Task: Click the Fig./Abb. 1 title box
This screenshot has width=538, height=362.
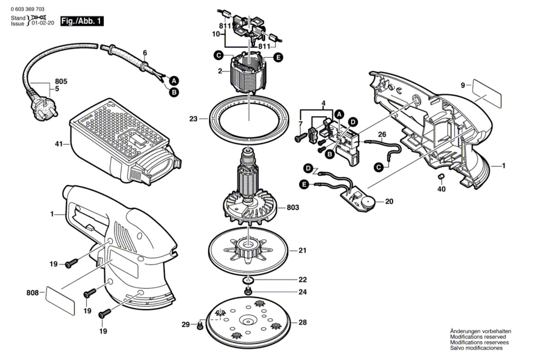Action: click(82, 21)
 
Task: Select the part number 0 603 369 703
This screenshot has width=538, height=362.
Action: click(28, 9)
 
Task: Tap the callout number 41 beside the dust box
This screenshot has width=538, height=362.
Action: click(59, 144)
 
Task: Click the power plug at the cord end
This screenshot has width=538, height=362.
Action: click(44, 107)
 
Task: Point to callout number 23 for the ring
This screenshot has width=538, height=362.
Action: click(193, 119)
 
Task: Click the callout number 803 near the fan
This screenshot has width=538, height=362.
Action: click(293, 207)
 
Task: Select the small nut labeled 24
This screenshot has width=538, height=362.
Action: click(248, 292)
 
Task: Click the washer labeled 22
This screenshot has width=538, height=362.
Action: click(247, 280)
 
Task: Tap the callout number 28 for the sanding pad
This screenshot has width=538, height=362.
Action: click(303, 322)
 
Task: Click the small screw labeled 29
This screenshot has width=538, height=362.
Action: click(200, 325)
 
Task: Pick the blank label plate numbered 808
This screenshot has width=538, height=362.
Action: click(60, 300)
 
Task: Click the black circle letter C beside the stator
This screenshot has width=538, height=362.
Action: click(219, 56)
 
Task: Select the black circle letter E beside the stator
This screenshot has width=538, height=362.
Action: click(278, 57)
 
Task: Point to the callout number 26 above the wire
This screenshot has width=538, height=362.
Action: click(382, 134)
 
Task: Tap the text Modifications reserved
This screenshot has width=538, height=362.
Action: click(478, 336)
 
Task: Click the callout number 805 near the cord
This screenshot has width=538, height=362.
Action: click(61, 81)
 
